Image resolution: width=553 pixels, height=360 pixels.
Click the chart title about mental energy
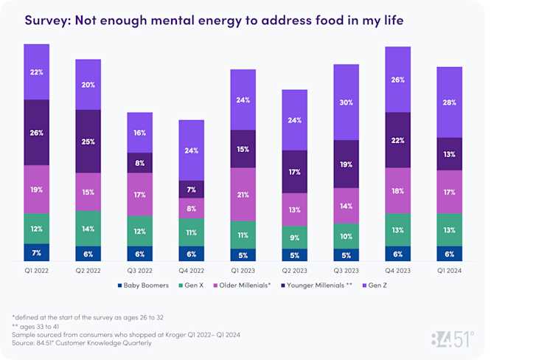click(x=214, y=20)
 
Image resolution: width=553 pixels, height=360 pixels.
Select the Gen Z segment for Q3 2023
click(x=346, y=102)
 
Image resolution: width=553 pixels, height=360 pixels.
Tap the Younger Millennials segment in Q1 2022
click(x=36, y=132)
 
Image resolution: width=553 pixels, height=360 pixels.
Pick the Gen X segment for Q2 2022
click(x=88, y=229)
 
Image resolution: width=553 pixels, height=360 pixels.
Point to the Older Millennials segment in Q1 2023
click(x=243, y=194)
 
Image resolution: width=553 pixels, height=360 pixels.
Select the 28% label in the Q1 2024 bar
click(x=449, y=102)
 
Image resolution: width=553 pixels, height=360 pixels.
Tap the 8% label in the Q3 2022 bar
click(x=139, y=163)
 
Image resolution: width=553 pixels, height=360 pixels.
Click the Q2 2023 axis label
click(x=294, y=271)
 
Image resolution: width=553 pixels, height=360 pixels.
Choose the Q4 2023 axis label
click(x=397, y=271)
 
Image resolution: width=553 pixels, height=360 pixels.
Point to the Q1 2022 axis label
click(x=36, y=271)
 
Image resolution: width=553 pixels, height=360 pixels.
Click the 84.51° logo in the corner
click(x=452, y=340)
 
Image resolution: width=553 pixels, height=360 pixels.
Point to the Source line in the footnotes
click(x=83, y=342)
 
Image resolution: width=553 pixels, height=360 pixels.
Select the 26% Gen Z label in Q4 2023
click(x=397, y=80)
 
